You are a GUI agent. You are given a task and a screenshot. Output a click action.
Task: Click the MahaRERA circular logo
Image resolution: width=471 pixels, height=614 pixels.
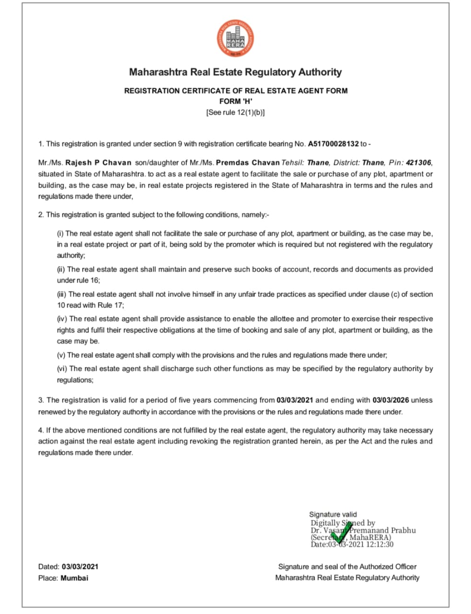pos(235,40)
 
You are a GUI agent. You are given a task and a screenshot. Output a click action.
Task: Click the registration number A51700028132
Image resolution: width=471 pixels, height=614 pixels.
pos(333,144)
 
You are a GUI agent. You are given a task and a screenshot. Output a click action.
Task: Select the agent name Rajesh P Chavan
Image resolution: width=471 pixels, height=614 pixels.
pos(98,163)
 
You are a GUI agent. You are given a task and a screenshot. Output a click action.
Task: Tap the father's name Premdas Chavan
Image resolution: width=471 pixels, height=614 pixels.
pos(248,163)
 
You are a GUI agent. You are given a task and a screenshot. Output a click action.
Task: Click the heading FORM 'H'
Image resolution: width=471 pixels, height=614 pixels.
pos(236,101)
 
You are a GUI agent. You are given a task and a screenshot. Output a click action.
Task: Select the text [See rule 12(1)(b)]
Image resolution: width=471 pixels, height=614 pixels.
pos(235,113)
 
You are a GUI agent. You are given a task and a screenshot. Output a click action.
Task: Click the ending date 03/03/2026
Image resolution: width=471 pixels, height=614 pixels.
pos(391,400)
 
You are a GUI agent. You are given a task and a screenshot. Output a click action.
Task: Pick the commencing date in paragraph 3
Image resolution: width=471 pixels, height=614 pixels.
pos(295,400)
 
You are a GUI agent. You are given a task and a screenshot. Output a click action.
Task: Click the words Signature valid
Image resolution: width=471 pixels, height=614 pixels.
pos(333,514)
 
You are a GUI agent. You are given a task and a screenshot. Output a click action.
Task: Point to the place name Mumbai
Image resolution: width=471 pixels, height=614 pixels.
pos(74,578)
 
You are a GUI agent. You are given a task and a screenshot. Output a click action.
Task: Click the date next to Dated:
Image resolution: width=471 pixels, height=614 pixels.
pos(80,567)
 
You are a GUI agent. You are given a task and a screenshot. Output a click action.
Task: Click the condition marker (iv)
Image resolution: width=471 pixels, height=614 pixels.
pos(62,319)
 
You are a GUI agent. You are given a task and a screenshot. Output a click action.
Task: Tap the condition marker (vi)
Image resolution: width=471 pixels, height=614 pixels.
pos(62,369)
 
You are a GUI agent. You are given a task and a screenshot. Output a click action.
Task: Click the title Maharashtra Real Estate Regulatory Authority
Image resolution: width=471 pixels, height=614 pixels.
pos(235,72)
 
